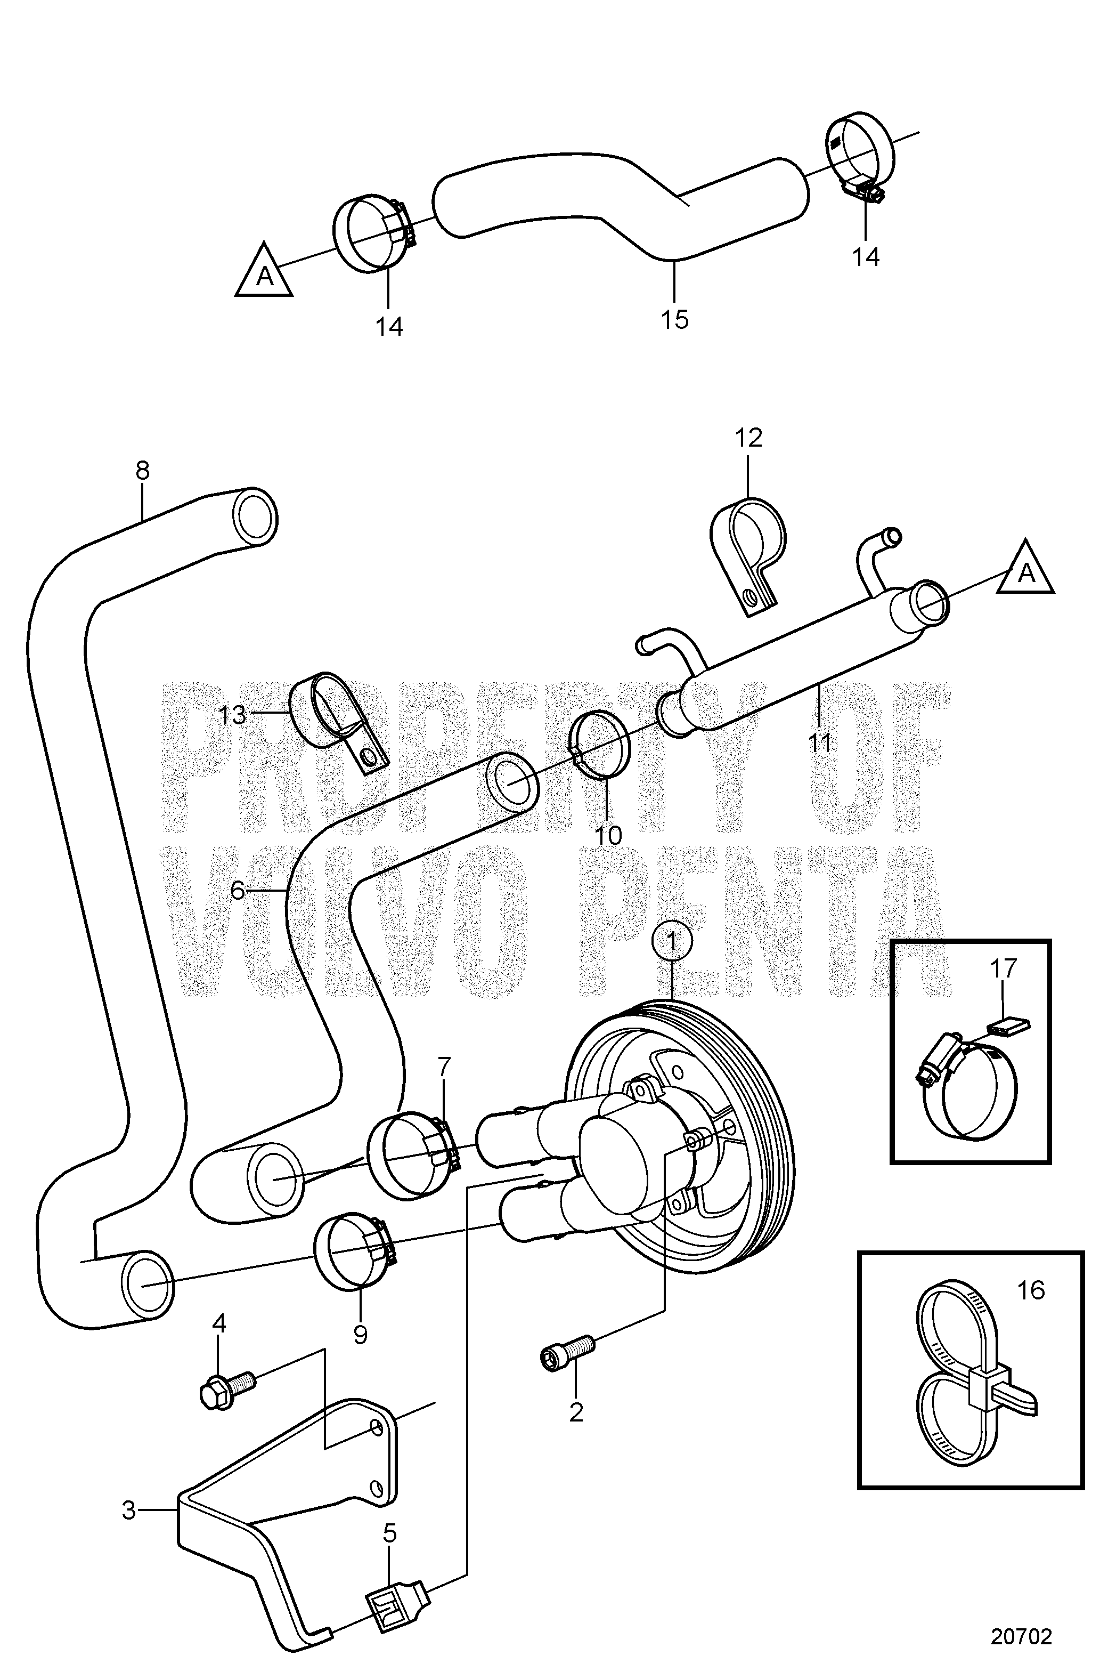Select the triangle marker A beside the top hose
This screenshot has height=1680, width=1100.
click(264, 272)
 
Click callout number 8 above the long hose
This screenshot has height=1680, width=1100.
click(143, 470)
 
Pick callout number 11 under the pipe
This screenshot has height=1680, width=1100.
click(820, 742)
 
